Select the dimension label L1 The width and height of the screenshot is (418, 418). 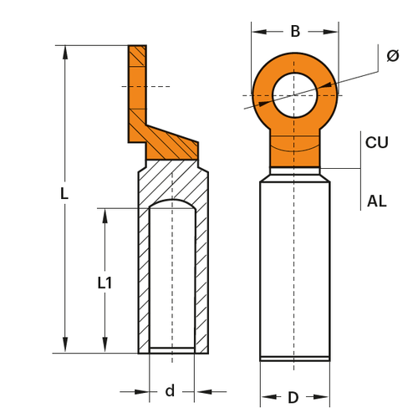click(104, 283)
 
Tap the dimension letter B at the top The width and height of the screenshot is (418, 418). click(294, 32)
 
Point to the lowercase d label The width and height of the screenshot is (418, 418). click(170, 390)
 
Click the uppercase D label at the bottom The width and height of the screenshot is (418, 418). click(293, 397)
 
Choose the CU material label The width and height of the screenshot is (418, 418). click(377, 142)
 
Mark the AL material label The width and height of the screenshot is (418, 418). click(376, 201)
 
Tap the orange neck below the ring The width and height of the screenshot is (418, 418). click(294, 150)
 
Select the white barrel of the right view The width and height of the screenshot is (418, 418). click(294, 268)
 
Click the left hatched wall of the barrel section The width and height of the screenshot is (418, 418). click(144, 276)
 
